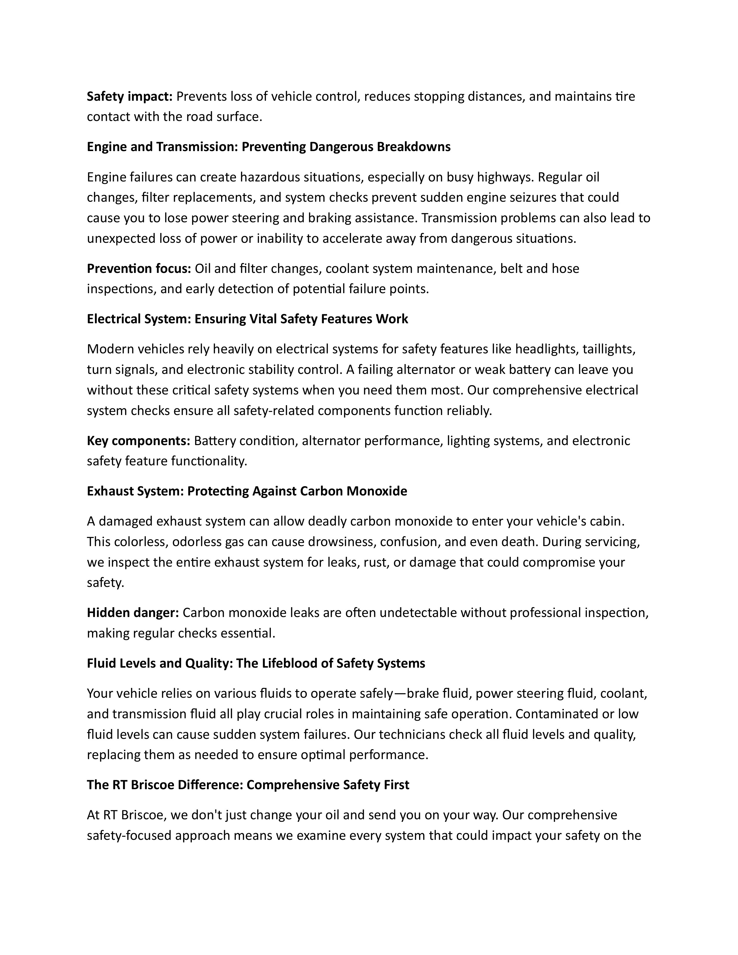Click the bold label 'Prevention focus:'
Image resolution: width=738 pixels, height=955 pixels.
(139, 269)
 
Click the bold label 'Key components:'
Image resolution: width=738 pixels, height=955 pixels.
(138, 441)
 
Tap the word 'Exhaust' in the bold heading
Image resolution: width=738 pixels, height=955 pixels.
(110, 491)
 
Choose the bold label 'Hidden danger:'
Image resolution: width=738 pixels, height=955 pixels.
(133, 613)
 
